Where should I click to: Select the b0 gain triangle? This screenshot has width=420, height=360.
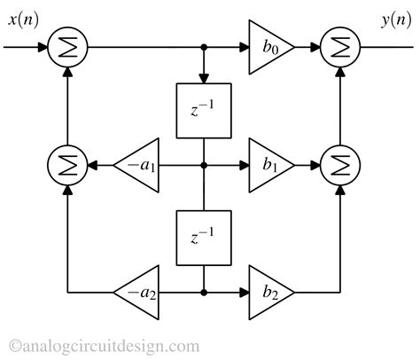(268, 46)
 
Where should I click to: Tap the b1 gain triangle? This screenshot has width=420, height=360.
(268, 165)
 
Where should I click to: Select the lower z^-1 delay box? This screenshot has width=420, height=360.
(205, 237)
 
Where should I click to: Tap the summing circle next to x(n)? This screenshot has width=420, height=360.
(68, 46)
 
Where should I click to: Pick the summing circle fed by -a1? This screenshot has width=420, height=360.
(68, 165)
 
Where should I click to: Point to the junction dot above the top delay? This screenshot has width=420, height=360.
(205, 46)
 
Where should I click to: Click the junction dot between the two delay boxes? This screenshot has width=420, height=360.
(205, 165)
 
